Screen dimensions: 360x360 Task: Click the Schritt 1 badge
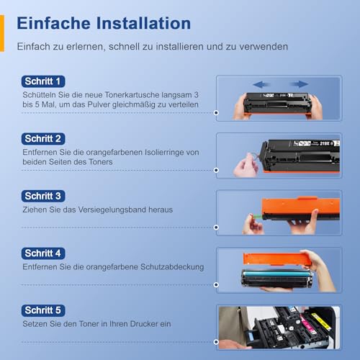(43, 81)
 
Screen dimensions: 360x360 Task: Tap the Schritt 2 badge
(43, 138)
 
